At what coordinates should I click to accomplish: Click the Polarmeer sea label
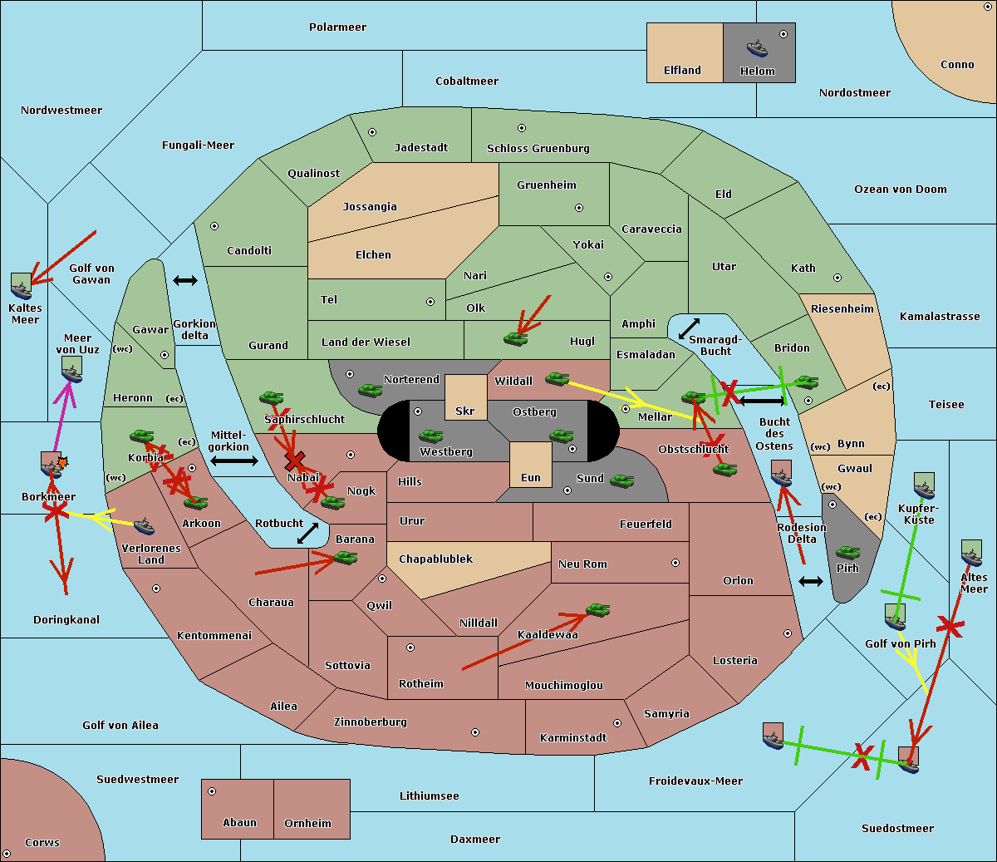tap(337, 27)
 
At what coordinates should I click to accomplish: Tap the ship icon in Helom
tap(757, 48)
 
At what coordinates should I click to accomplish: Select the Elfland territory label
tap(682, 71)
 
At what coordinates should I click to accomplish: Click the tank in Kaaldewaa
tap(597, 611)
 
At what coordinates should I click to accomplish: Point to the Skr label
tap(465, 411)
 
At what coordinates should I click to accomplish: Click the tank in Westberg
tap(430, 436)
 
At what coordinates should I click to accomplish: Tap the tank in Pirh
tap(847, 553)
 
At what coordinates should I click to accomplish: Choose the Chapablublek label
tap(435, 559)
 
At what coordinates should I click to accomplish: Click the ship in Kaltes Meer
tap(22, 286)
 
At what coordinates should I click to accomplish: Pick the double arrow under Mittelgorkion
tap(233, 461)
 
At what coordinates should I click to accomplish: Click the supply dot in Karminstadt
tap(617, 723)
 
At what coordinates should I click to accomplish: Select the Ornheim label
tap(307, 823)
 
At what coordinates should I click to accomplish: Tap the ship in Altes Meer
tap(971, 554)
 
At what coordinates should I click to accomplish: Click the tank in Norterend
tap(370, 390)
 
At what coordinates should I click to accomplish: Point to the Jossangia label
tap(370, 206)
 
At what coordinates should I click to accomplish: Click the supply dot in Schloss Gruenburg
tap(522, 128)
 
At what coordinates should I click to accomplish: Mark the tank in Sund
tap(621, 480)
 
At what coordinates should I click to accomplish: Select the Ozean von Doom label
tap(900, 189)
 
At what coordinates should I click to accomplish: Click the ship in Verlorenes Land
tap(145, 526)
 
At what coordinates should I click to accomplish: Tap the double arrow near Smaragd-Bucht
tap(689, 328)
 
